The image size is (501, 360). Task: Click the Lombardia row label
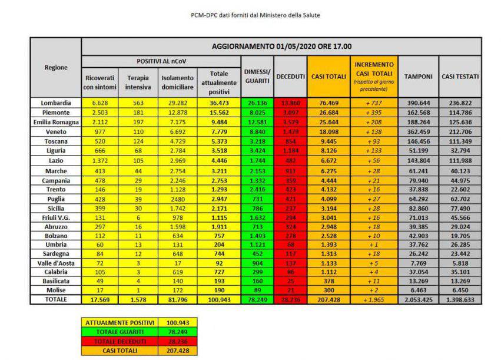56,103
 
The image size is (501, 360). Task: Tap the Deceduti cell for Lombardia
290,103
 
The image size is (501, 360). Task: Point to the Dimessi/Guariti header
257,76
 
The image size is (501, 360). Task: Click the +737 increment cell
374,103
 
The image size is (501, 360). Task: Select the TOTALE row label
56,299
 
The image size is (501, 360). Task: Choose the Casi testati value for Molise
460,290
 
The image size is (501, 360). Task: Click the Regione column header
56,68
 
